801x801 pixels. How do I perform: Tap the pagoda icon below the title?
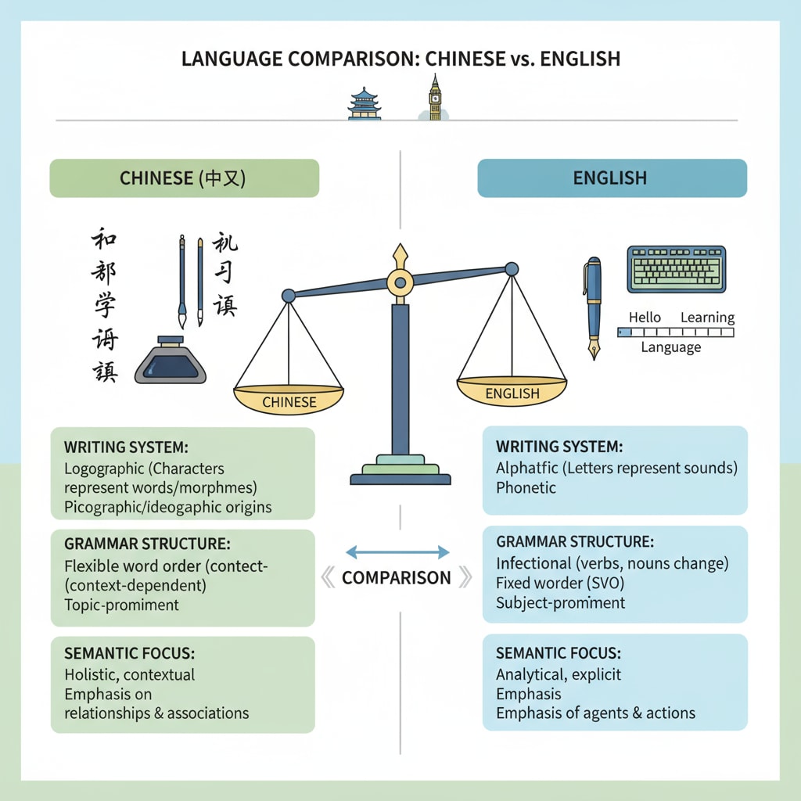364,104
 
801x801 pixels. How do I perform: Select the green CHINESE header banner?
184,178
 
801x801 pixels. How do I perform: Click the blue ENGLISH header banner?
612,178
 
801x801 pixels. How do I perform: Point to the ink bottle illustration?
171,361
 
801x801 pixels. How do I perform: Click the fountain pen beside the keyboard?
592,307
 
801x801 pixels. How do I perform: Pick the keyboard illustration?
676,269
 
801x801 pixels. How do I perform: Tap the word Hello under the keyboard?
645,318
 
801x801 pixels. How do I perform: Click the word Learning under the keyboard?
707,318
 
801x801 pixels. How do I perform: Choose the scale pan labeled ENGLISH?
512,391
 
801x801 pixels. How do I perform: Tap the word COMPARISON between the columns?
397,578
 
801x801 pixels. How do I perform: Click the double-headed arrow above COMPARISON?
397,552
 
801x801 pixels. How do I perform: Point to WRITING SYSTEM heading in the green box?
126,448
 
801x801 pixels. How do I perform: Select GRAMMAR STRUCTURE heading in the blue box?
575,542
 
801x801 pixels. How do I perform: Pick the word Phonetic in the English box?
526,488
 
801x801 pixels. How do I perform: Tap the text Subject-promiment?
560,603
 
